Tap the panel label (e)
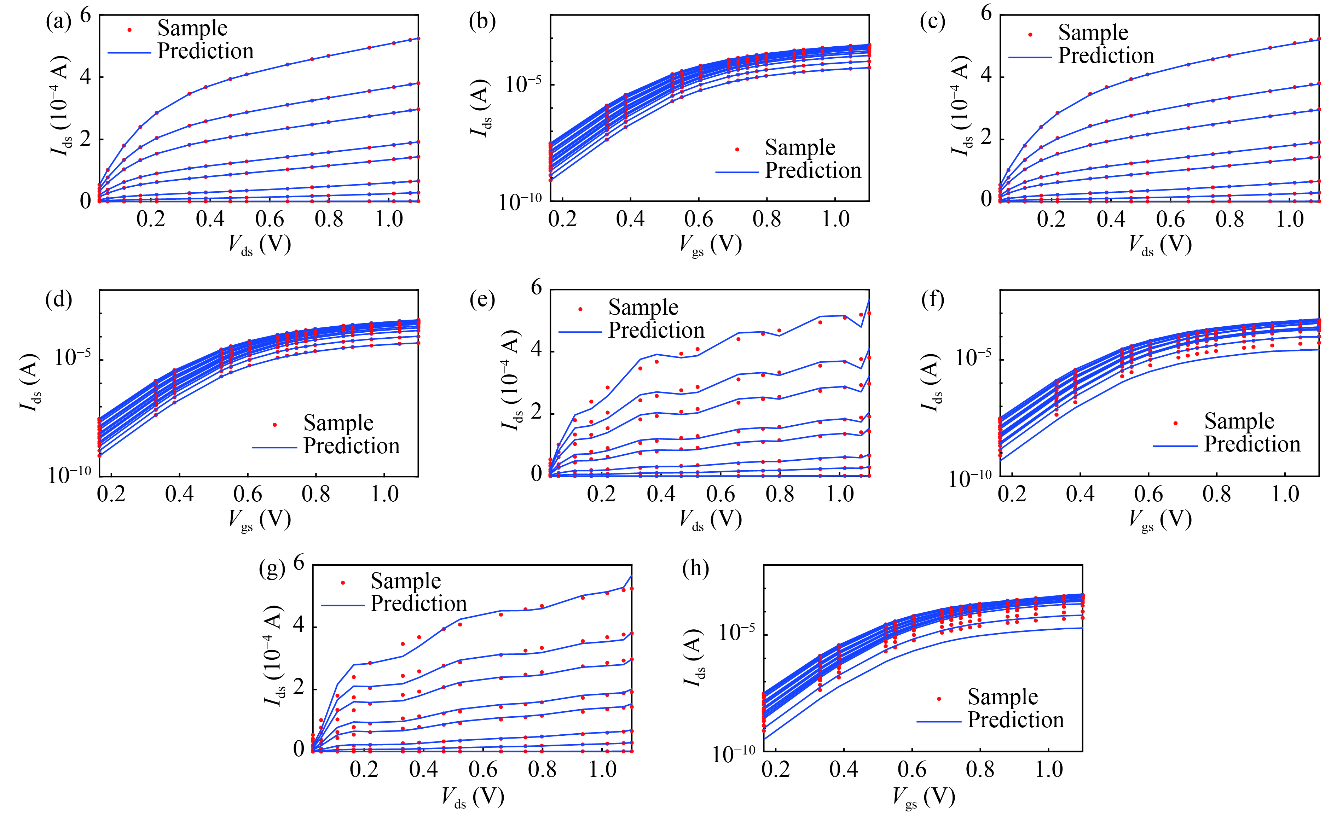point(482,299)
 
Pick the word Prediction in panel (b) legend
point(813,170)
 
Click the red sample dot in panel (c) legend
point(1030,35)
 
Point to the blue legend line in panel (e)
point(580,332)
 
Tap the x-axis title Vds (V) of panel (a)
point(259,245)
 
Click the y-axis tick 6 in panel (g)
point(299,563)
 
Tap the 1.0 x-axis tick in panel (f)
point(1285,494)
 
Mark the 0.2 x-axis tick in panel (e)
point(601,494)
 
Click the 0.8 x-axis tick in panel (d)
point(316,494)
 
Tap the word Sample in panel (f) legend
point(1239,421)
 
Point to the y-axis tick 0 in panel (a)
point(86,201)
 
